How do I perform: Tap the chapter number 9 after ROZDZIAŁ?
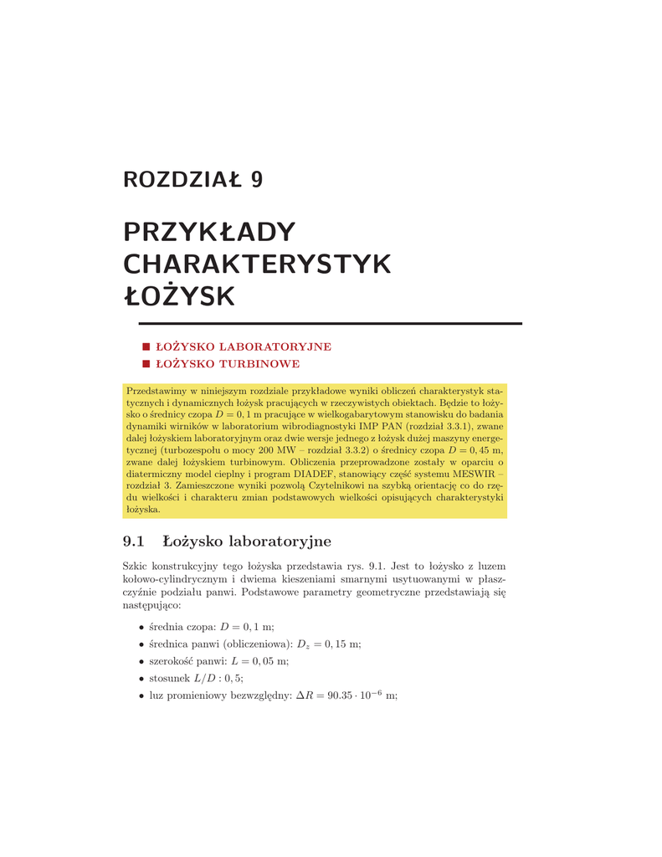point(256,180)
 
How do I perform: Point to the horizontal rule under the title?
point(322,323)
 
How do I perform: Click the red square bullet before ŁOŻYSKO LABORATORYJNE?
point(146,346)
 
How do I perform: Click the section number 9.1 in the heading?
point(134,541)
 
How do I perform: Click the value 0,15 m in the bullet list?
point(343,644)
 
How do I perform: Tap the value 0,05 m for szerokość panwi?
point(269,661)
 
